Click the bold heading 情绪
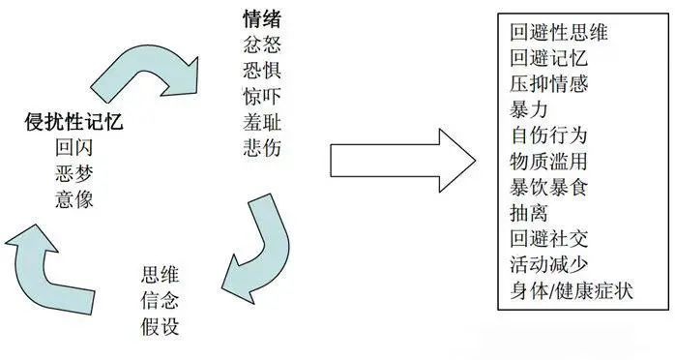point(264,18)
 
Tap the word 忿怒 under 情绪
point(264,45)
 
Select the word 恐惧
point(264,71)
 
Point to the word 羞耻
point(264,123)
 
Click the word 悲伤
point(264,149)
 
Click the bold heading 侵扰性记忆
point(74,123)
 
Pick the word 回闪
point(74,149)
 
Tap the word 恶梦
point(74,174)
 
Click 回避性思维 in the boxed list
point(559,32)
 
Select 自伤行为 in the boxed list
point(548,135)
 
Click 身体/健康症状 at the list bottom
point(571,290)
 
